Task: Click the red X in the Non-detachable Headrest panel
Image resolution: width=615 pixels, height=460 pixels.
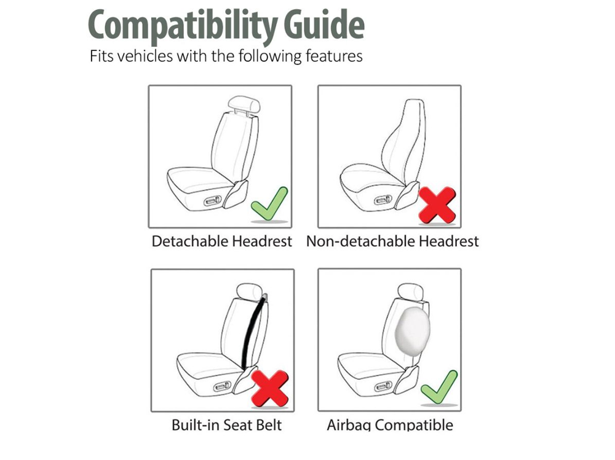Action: pos(437,205)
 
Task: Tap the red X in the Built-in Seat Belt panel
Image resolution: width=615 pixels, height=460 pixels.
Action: pos(270,388)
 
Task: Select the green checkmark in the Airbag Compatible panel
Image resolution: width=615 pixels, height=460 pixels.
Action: pos(439,387)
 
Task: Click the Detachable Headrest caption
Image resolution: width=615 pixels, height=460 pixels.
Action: pos(221,241)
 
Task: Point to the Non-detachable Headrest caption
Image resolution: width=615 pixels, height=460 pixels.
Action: pos(392,241)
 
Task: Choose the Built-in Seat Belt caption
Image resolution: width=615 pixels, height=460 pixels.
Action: pos(226,424)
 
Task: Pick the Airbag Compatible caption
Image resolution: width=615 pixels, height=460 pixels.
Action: pos(390,424)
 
